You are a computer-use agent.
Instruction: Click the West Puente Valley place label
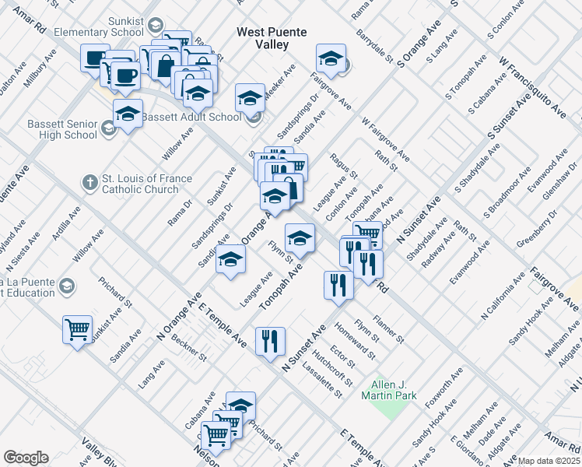point(272,38)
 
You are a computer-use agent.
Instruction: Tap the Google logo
point(26,458)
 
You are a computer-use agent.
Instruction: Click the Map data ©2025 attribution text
point(549,461)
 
